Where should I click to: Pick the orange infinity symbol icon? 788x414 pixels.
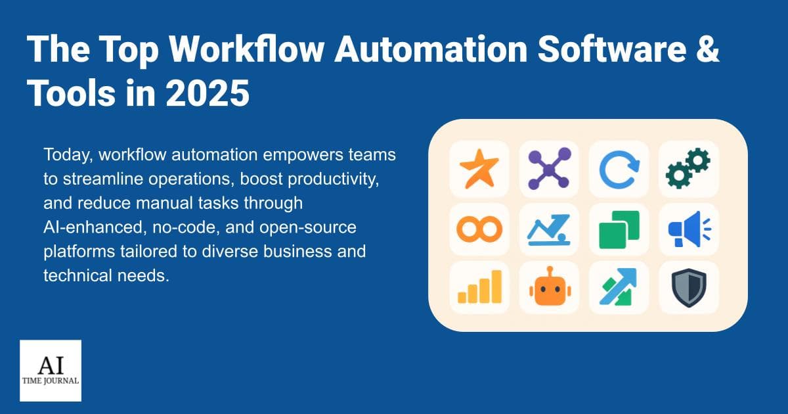(479, 229)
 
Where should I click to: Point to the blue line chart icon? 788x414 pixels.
(549, 229)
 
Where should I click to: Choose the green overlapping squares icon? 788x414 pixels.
(619, 229)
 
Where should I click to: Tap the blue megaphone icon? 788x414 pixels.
(688, 229)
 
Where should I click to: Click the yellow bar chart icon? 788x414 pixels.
(479, 287)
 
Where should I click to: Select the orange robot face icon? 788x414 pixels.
(549, 287)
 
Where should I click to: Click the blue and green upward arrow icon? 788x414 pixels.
(619, 287)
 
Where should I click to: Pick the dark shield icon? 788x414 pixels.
(688, 287)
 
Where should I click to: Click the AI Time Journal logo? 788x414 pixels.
(51, 371)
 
